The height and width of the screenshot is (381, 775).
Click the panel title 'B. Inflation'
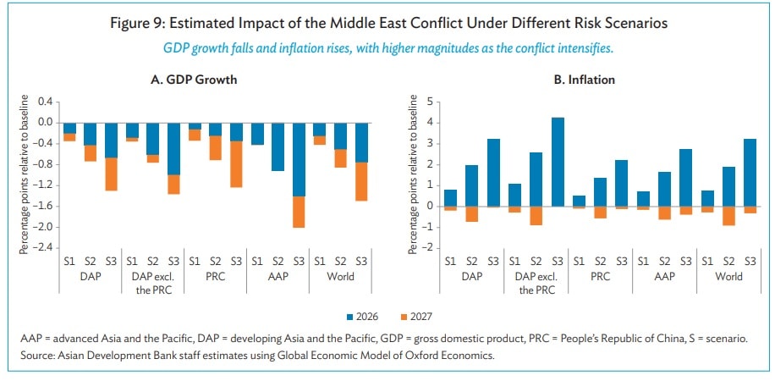point(585,80)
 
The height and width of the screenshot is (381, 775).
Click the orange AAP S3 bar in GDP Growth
point(298,212)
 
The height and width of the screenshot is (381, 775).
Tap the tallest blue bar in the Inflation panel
point(558,162)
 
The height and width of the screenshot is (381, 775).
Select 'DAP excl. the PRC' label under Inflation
point(537,284)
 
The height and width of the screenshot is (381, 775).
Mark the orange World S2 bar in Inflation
point(728,216)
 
